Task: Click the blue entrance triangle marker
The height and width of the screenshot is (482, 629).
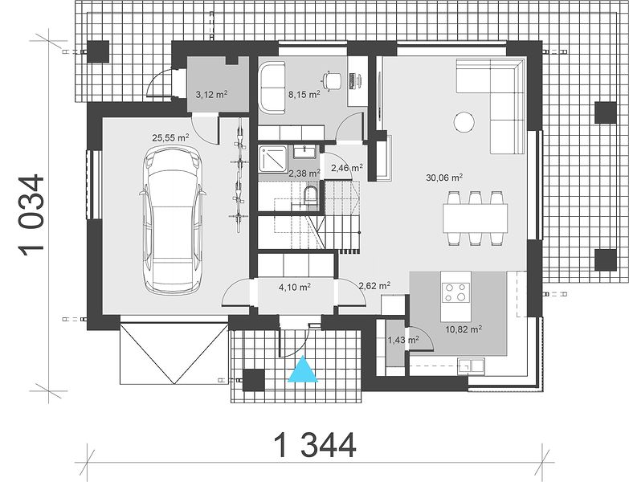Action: pos(304,370)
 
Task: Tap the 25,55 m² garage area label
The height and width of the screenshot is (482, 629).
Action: pos(170,138)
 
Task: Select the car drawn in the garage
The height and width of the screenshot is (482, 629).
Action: pos(173,220)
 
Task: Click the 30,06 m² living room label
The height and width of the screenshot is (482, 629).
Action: pos(444,178)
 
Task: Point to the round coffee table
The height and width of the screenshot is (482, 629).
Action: pos(464,121)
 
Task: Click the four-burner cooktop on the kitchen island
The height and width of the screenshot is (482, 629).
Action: pos(455,292)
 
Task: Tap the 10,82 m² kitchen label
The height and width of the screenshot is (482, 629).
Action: pos(464,329)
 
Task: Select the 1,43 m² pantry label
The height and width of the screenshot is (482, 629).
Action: pos(403,340)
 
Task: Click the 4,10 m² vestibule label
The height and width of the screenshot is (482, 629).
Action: pos(295,287)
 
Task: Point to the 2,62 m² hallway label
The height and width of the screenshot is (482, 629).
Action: pos(374,286)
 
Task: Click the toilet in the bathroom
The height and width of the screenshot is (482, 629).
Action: pos(310,195)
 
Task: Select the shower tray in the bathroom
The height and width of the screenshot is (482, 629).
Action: pos(273,160)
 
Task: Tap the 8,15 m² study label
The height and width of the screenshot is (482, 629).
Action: pos(304,95)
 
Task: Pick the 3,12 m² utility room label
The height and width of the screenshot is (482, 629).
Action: pos(212,95)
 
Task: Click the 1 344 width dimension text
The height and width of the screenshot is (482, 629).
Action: pos(315,445)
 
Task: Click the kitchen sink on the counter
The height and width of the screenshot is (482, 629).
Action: pos(472,366)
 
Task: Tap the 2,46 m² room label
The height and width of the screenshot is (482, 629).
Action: pos(347,168)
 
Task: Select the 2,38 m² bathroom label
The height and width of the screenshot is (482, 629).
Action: pos(304,174)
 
